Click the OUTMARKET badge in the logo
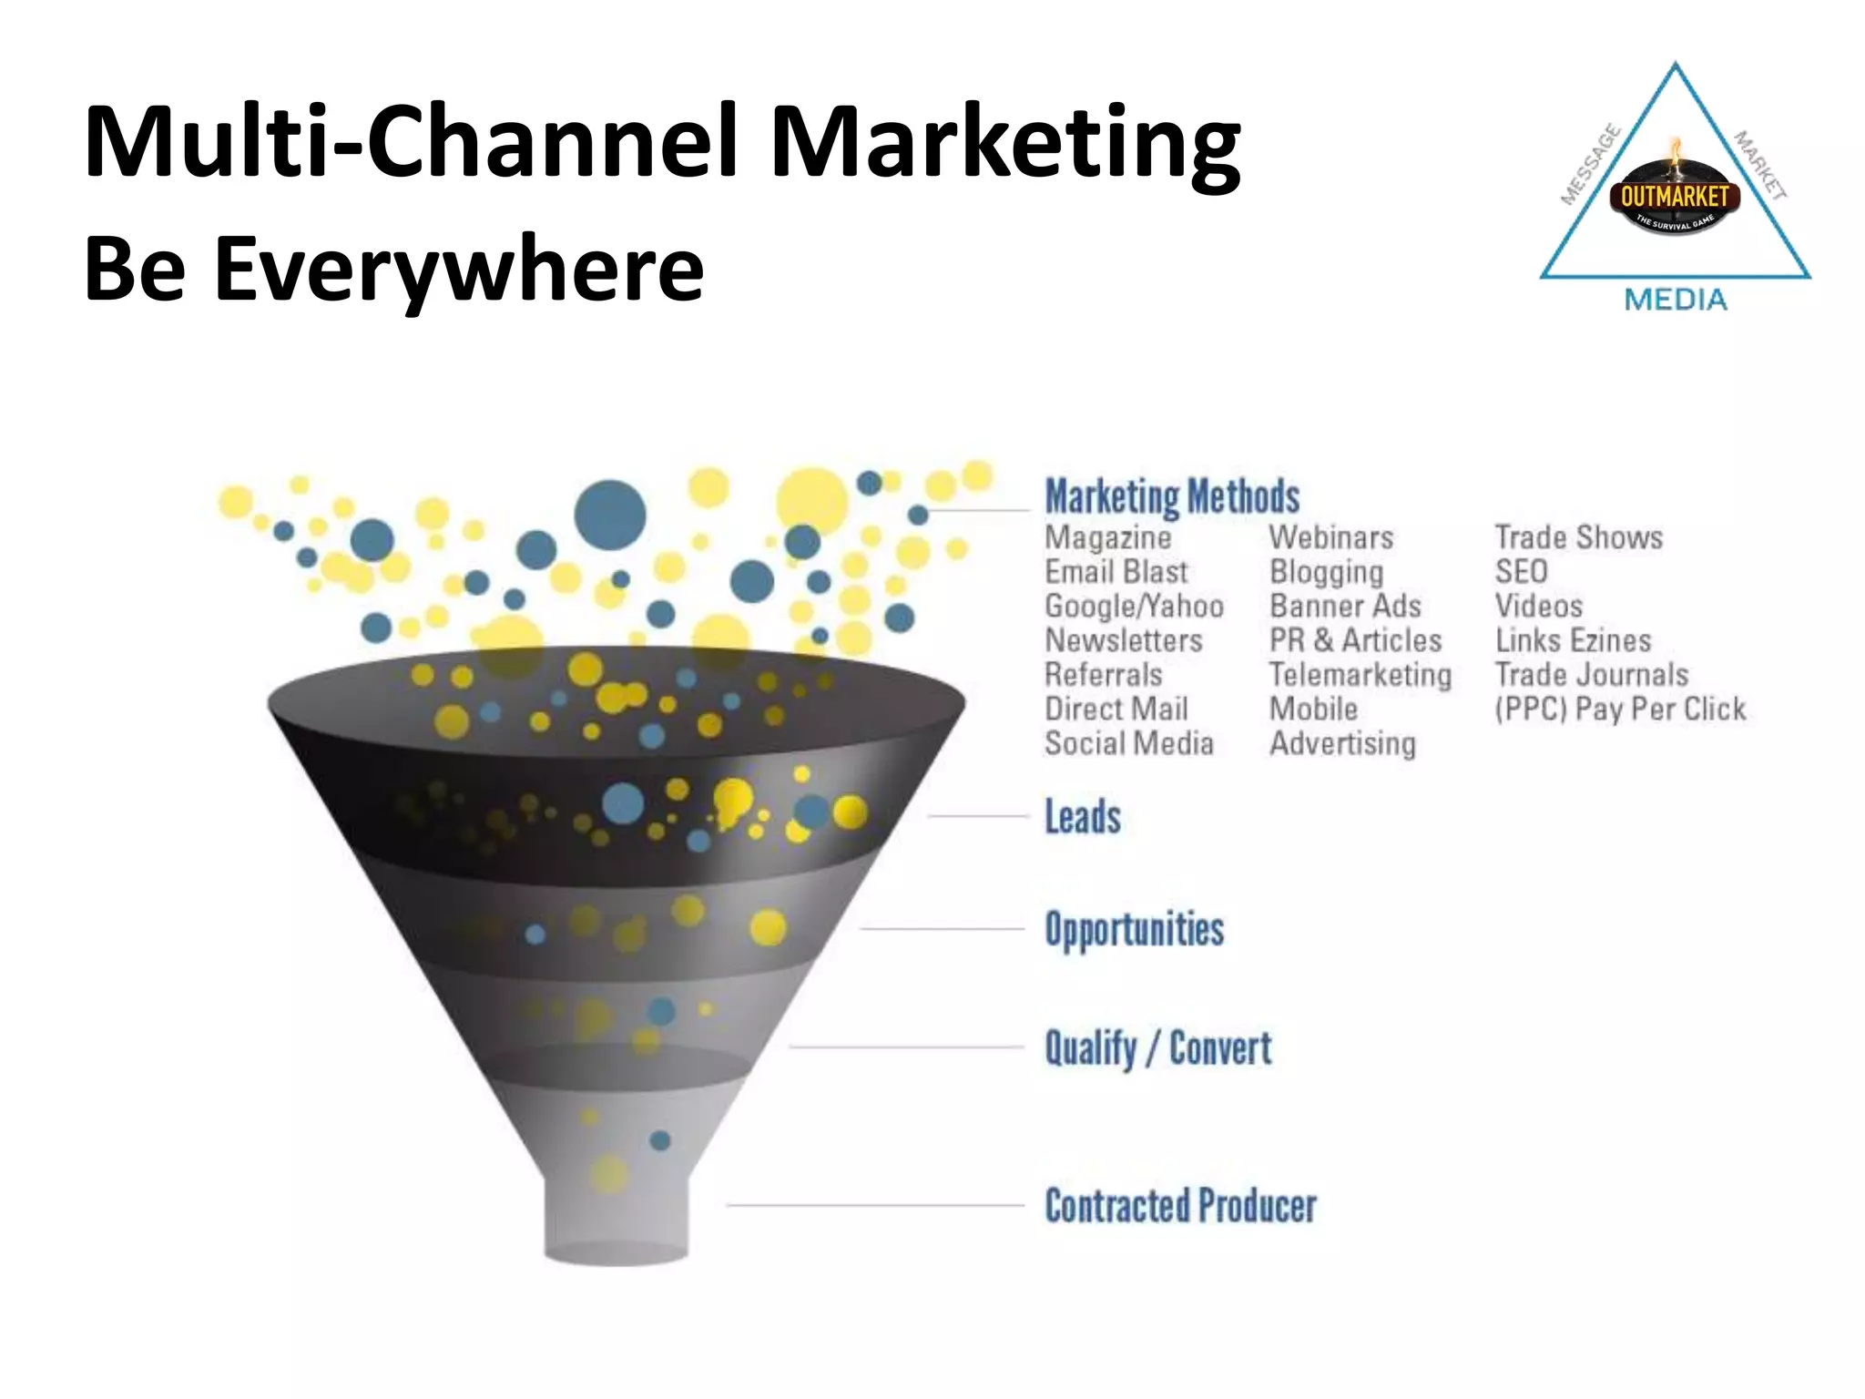[1674, 197]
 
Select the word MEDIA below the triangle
[1676, 300]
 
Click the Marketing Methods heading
[1172, 497]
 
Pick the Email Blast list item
[1116, 572]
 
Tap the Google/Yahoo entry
[1134, 607]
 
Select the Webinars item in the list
[1331, 537]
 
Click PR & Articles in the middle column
[1355, 640]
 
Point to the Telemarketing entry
[1361, 675]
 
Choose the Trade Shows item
[1578, 537]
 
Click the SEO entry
[1521, 572]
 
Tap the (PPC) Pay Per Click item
[1620, 710]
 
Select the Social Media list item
[1128, 744]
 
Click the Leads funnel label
[1082, 817]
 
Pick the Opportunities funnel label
[1134, 930]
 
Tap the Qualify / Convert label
[1157, 1048]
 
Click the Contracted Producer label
[1180, 1206]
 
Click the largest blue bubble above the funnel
[610, 516]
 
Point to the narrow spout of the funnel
[617, 1216]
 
